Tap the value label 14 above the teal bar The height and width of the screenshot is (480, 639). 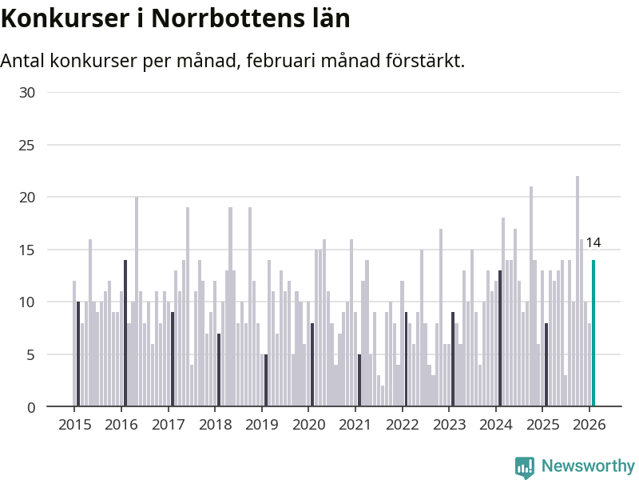click(x=593, y=242)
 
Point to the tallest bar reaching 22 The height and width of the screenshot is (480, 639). click(x=577, y=291)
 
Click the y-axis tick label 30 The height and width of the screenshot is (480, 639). click(x=27, y=92)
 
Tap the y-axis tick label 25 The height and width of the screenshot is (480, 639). click(x=27, y=145)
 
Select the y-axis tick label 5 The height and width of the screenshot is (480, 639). click(x=31, y=354)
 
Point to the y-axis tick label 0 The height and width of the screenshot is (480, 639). click(x=31, y=407)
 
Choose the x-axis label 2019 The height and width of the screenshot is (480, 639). click(x=261, y=424)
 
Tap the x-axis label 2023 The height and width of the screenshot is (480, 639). click(x=449, y=424)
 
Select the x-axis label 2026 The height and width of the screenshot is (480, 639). click(x=589, y=424)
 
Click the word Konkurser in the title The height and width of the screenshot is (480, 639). click(x=62, y=18)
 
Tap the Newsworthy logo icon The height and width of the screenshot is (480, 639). click(x=525, y=467)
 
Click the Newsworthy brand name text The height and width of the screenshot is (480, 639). click(x=588, y=466)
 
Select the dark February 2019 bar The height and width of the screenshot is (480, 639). click(x=266, y=380)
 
